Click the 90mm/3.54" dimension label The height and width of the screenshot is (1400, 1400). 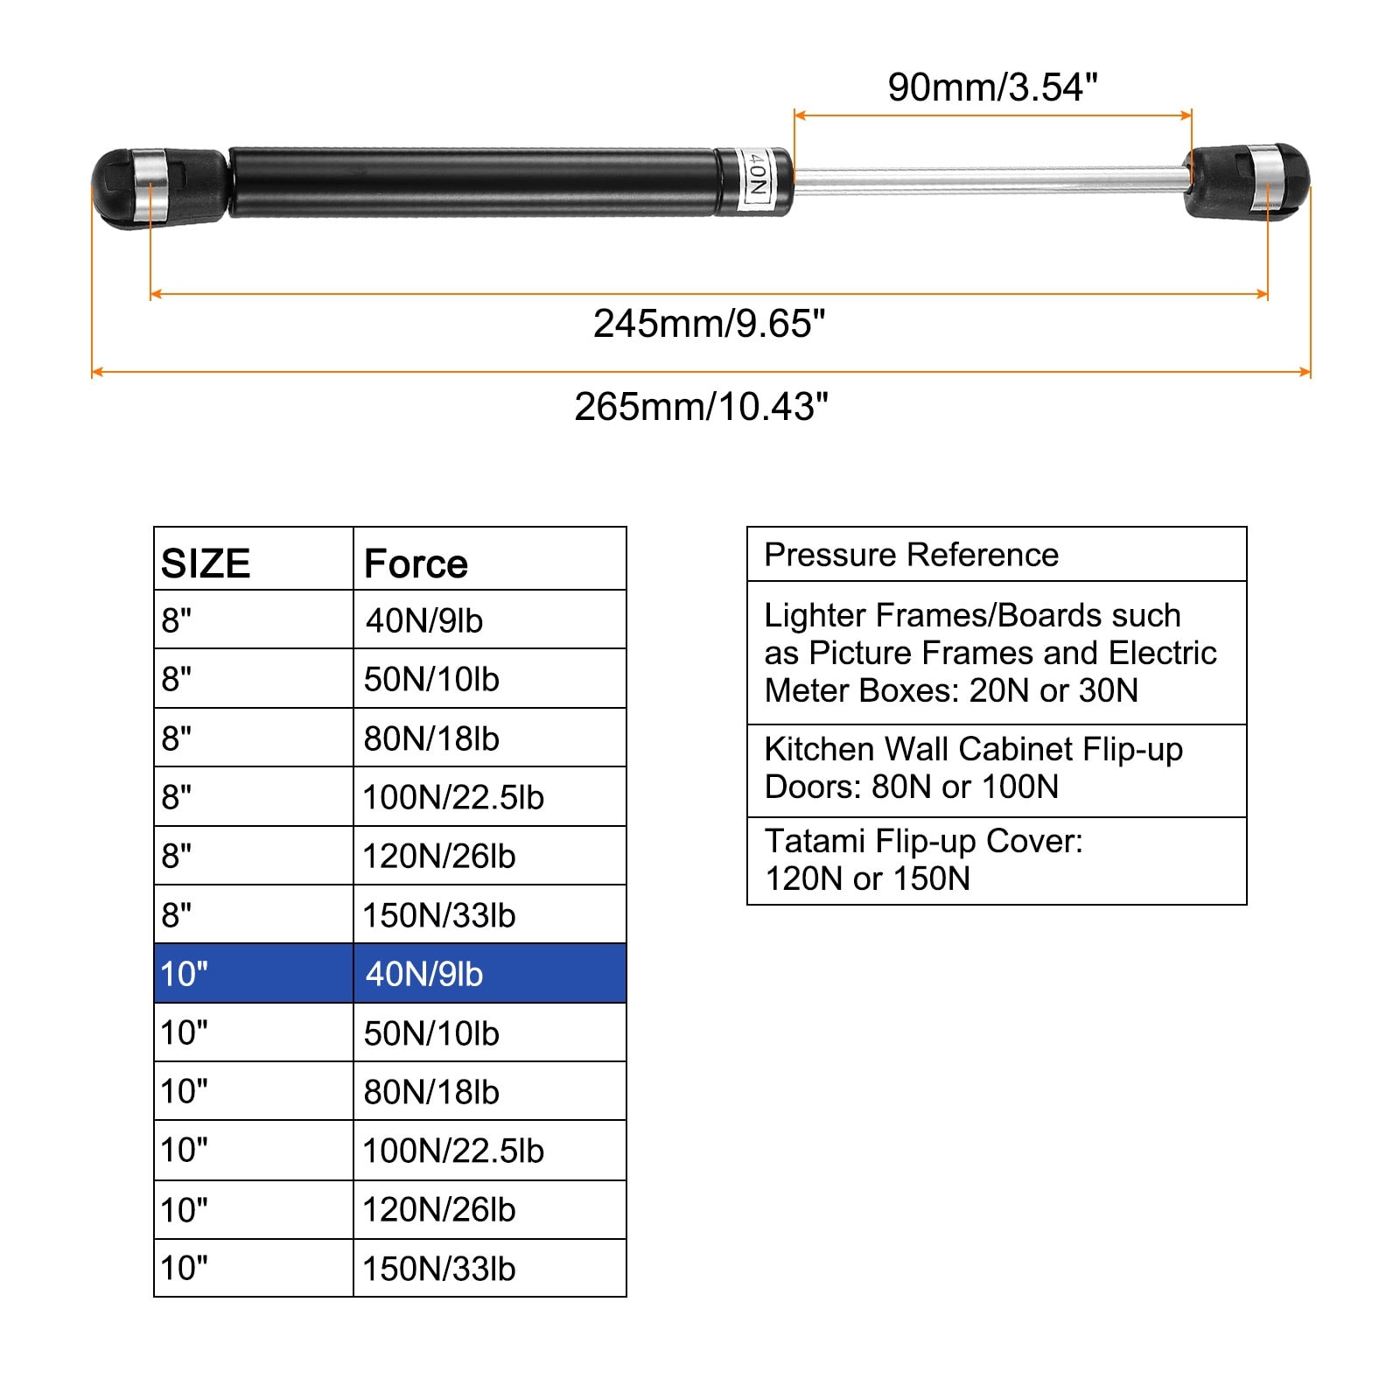(992, 87)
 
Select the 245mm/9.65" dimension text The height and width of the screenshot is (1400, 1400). (709, 324)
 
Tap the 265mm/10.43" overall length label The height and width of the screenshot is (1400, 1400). (701, 407)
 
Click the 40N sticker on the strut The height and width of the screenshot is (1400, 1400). (755, 182)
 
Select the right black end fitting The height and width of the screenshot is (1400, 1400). (1248, 181)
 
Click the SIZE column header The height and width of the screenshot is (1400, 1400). (206, 563)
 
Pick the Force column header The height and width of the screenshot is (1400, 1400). (416, 563)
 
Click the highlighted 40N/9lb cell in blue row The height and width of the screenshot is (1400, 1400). (490, 973)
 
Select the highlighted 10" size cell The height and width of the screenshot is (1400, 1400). (254, 973)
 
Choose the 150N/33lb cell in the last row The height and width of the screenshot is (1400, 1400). (490, 1268)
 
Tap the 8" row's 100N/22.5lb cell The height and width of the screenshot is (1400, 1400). (490, 796)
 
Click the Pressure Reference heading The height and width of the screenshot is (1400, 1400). (912, 555)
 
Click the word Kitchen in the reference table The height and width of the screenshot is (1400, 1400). (819, 749)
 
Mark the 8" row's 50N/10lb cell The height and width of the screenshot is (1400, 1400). (490, 678)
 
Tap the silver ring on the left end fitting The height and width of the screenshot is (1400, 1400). (150, 188)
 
